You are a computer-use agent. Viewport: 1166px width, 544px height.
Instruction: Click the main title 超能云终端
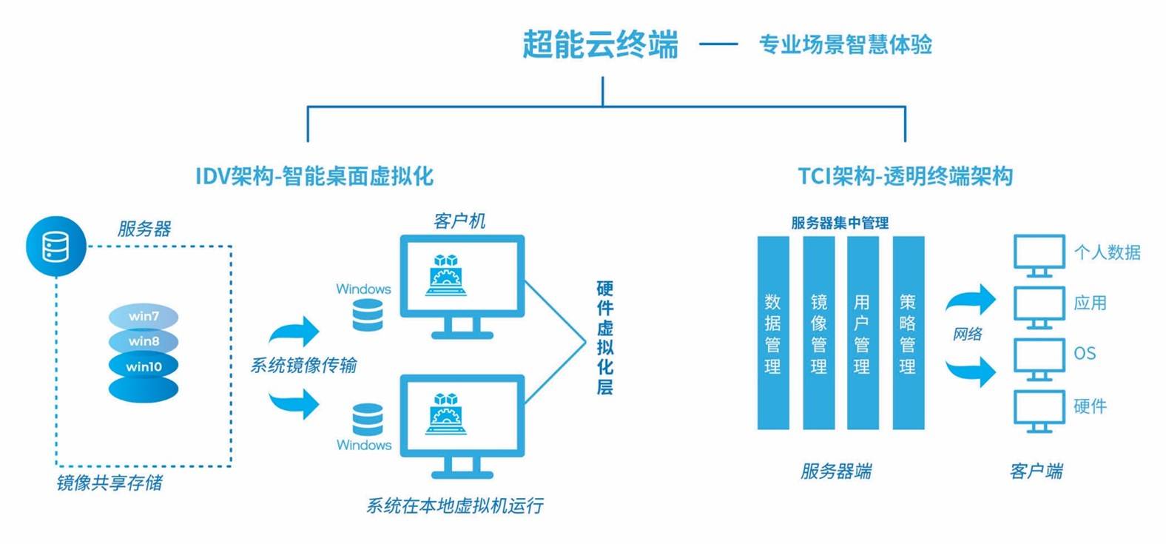pyautogui.click(x=600, y=44)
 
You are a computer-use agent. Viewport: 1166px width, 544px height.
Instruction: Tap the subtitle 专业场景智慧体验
pyautogui.click(x=845, y=44)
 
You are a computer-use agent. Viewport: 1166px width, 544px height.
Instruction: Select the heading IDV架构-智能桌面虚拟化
pyautogui.click(x=314, y=176)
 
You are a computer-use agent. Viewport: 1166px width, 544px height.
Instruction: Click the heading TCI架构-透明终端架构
pyautogui.click(x=904, y=176)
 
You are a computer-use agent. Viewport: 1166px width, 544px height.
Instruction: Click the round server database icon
pyautogui.click(x=55, y=246)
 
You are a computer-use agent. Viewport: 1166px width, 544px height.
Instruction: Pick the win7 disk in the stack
pyautogui.click(x=144, y=316)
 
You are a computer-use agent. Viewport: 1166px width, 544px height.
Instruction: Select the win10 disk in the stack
pyautogui.click(x=144, y=366)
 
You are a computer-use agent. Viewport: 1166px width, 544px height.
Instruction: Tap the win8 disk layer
pyautogui.click(x=144, y=341)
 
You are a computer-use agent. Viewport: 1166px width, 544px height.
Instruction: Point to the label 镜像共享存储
pyautogui.click(x=109, y=483)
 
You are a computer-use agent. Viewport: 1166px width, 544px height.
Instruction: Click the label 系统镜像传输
pyautogui.click(x=303, y=365)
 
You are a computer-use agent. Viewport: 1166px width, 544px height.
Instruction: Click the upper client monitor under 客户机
pyautogui.click(x=462, y=278)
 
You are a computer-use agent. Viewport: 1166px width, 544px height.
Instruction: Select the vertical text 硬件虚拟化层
pyautogui.click(x=604, y=338)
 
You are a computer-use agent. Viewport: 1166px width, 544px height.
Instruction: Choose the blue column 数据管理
pyautogui.click(x=772, y=333)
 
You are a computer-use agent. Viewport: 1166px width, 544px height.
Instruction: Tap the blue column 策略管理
pyautogui.click(x=908, y=333)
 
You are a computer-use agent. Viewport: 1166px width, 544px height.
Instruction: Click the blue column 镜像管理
pyautogui.click(x=818, y=333)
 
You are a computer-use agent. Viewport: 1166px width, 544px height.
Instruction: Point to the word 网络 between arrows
pyautogui.click(x=967, y=334)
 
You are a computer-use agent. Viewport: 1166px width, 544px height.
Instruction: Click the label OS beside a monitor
pyautogui.click(x=1085, y=354)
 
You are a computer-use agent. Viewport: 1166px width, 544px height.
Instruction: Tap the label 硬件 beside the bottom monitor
pyautogui.click(x=1090, y=406)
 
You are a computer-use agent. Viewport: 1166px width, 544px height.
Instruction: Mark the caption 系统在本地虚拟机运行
pyautogui.click(x=454, y=506)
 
